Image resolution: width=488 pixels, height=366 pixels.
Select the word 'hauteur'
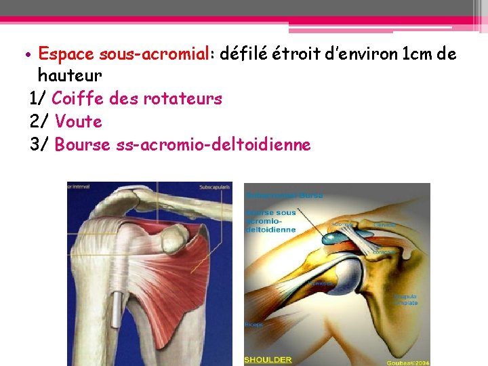70,75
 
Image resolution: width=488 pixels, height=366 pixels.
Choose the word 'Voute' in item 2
79,122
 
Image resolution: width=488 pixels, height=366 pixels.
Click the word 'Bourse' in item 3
81,145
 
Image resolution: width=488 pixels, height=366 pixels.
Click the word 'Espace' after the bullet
66,54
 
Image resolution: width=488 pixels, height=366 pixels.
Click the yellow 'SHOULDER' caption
268,359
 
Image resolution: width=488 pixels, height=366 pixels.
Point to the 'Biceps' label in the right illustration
255,325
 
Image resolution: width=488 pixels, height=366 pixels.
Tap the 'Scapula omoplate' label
406,300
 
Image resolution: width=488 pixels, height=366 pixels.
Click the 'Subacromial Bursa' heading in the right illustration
285,195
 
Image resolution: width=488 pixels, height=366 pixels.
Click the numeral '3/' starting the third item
39,145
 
